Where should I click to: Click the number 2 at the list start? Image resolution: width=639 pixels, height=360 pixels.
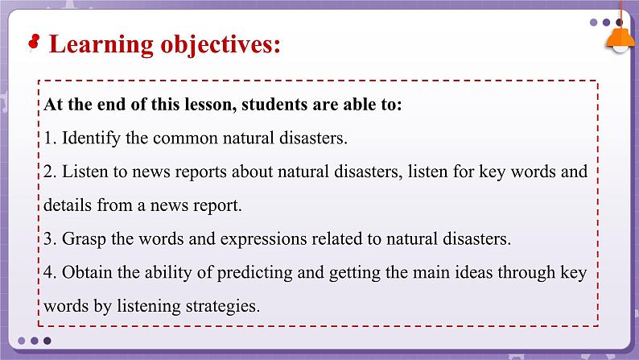48,172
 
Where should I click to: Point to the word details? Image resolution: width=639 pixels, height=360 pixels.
68,205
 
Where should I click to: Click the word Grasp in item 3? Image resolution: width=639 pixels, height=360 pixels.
83,238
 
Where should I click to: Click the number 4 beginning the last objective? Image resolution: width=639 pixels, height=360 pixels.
48,272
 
